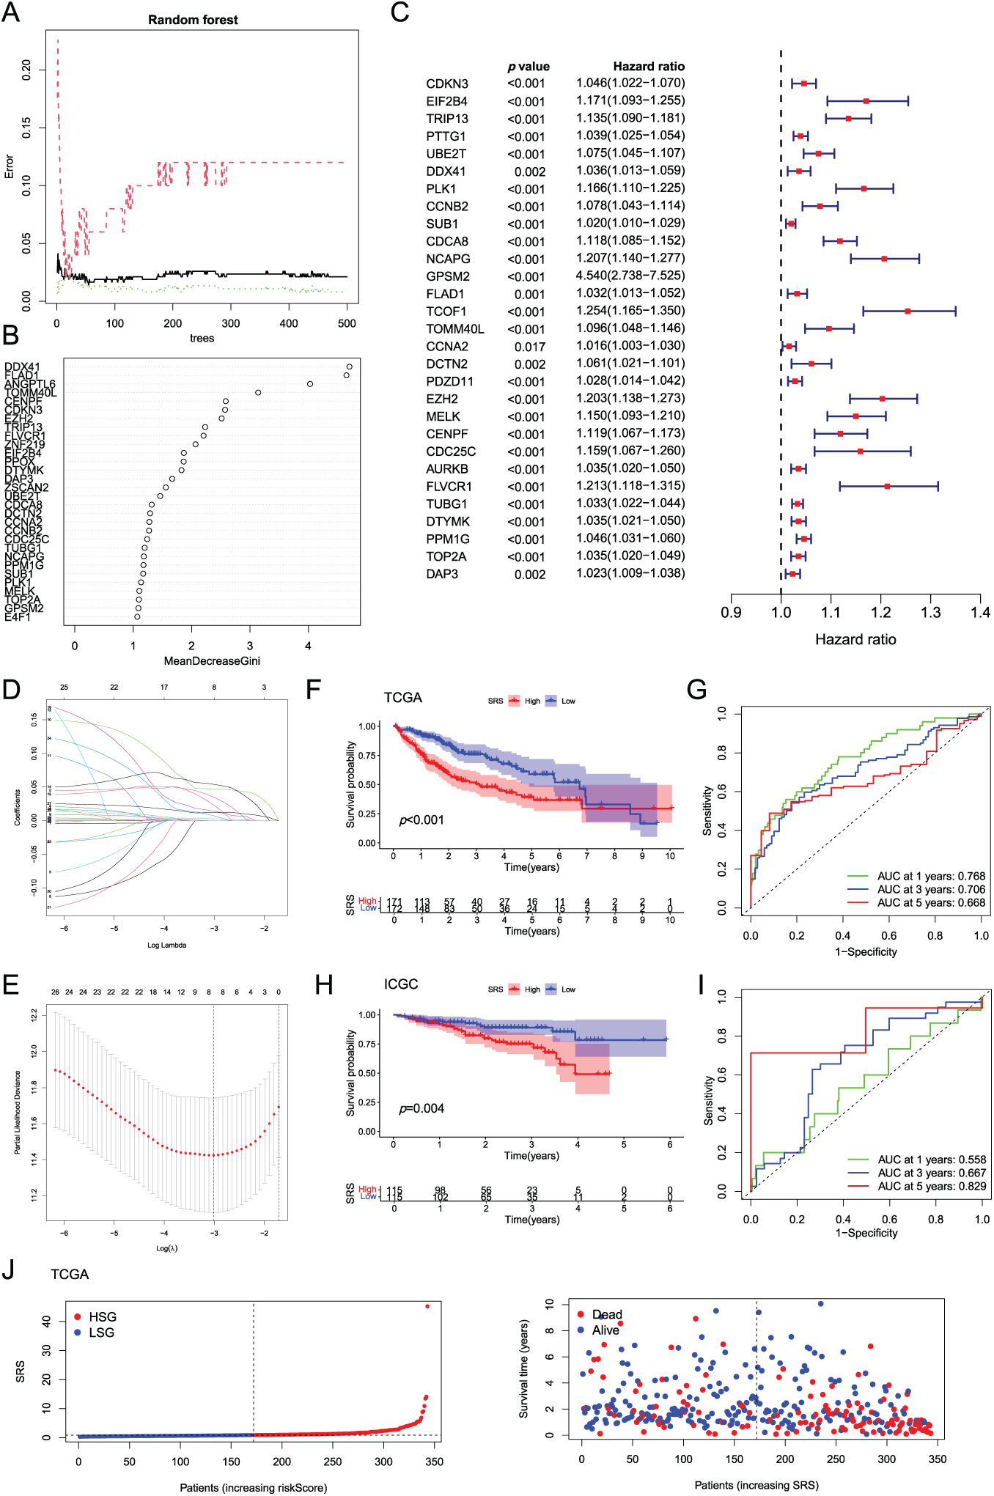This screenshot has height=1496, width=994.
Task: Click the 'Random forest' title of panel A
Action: click(x=193, y=20)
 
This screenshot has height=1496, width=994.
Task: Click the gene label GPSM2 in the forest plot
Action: click(x=448, y=276)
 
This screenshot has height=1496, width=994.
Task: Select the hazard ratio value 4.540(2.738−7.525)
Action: click(x=630, y=276)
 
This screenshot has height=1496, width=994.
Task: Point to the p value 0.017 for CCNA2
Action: click(x=529, y=347)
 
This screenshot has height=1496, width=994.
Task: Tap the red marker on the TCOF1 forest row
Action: click(x=908, y=312)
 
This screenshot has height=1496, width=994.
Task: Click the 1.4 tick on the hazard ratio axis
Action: click(x=980, y=613)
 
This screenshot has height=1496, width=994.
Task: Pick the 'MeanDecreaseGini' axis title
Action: click(x=212, y=661)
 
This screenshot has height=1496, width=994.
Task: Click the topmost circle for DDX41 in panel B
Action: click(x=350, y=366)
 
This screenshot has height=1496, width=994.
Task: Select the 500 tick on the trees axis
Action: click(x=347, y=323)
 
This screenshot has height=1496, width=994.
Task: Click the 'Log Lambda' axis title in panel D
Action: click(x=166, y=945)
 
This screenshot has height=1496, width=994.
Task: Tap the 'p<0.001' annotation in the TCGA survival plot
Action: click(x=421, y=819)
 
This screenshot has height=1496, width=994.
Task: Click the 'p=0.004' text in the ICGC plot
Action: click(x=421, y=1108)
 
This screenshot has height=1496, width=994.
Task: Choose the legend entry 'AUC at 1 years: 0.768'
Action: click(x=931, y=876)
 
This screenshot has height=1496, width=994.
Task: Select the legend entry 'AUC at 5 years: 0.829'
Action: click(x=932, y=1186)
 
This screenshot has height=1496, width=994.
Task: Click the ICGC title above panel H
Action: click(x=401, y=984)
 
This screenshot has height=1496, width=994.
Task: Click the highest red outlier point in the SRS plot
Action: click(x=427, y=1306)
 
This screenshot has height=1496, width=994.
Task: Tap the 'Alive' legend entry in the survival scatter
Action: click(x=605, y=1330)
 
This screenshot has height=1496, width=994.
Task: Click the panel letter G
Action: click(x=696, y=690)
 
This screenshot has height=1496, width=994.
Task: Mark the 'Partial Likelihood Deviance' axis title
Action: click(x=17, y=1112)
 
